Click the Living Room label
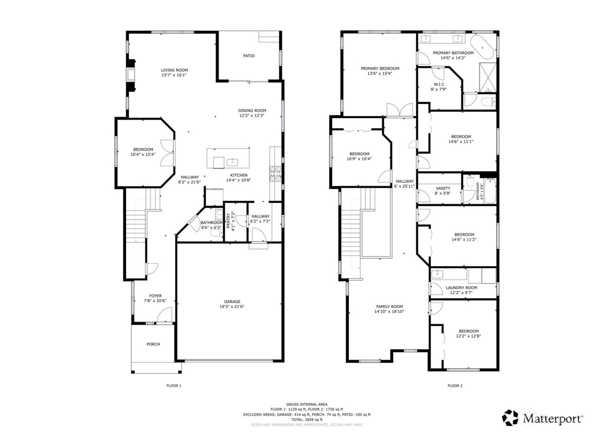[x=174, y=70]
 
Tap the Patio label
[x=249, y=56]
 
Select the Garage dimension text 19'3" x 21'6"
[x=232, y=307]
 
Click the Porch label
[x=153, y=344]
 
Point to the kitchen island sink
[x=232, y=162]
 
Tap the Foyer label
[x=155, y=296]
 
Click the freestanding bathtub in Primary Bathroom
[x=483, y=47]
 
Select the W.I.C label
[x=439, y=84]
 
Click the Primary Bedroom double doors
[x=399, y=110]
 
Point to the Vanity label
[x=443, y=188]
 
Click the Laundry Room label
[x=461, y=288]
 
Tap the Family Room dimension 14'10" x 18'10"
[x=389, y=312]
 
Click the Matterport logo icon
[x=510, y=418]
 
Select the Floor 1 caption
[x=174, y=386]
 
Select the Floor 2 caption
[x=455, y=386]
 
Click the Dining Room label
[x=252, y=111]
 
